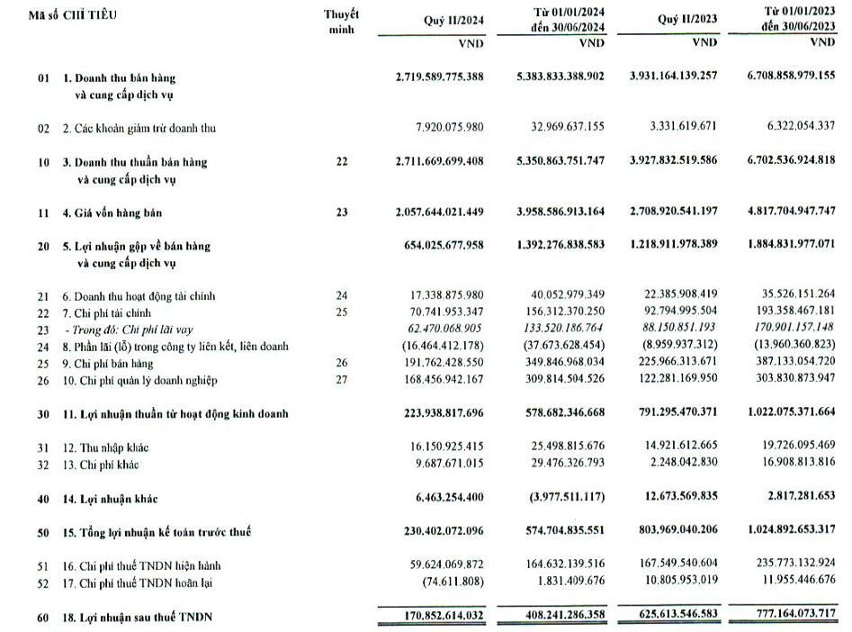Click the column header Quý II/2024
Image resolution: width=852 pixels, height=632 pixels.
click(452, 21)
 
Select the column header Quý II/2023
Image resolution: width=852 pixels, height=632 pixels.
click(686, 21)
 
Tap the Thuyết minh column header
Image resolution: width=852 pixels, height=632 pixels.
click(341, 22)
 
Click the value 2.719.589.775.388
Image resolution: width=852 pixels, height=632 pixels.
click(439, 77)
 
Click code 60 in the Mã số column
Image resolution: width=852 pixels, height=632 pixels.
click(43, 617)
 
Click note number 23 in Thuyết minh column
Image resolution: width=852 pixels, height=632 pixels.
click(341, 213)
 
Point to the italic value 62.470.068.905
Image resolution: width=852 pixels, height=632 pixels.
click(440, 330)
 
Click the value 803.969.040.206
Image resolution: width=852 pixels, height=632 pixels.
click(673, 532)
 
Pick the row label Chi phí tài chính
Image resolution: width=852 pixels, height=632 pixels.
click(112, 312)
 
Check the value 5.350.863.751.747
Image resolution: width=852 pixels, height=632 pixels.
click(556, 162)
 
